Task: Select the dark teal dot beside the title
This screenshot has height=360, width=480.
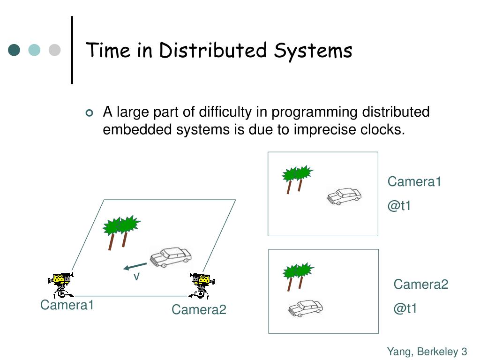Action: click(x=15, y=50)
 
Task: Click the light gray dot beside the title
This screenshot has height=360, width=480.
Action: click(x=55, y=50)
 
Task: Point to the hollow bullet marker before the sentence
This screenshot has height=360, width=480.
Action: click(x=90, y=113)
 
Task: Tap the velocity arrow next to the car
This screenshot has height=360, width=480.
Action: click(x=135, y=266)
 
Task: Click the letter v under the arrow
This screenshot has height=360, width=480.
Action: click(x=136, y=277)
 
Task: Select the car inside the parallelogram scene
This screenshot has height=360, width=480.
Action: click(x=171, y=256)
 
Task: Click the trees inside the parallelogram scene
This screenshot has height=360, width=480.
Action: click(x=121, y=231)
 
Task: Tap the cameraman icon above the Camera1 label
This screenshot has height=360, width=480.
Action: click(x=61, y=285)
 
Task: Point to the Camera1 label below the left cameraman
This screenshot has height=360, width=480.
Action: click(x=67, y=305)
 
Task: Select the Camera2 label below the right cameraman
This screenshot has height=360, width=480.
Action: click(x=199, y=309)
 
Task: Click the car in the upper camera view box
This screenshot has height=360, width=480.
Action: click(x=344, y=195)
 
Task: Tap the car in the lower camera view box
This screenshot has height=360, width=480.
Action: click(x=306, y=308)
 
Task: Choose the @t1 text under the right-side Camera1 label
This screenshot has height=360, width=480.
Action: click(x=399, y=206)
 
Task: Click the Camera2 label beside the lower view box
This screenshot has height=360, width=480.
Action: click(x=421, y=284)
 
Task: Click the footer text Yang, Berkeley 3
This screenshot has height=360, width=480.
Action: click(x=427, y=352)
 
